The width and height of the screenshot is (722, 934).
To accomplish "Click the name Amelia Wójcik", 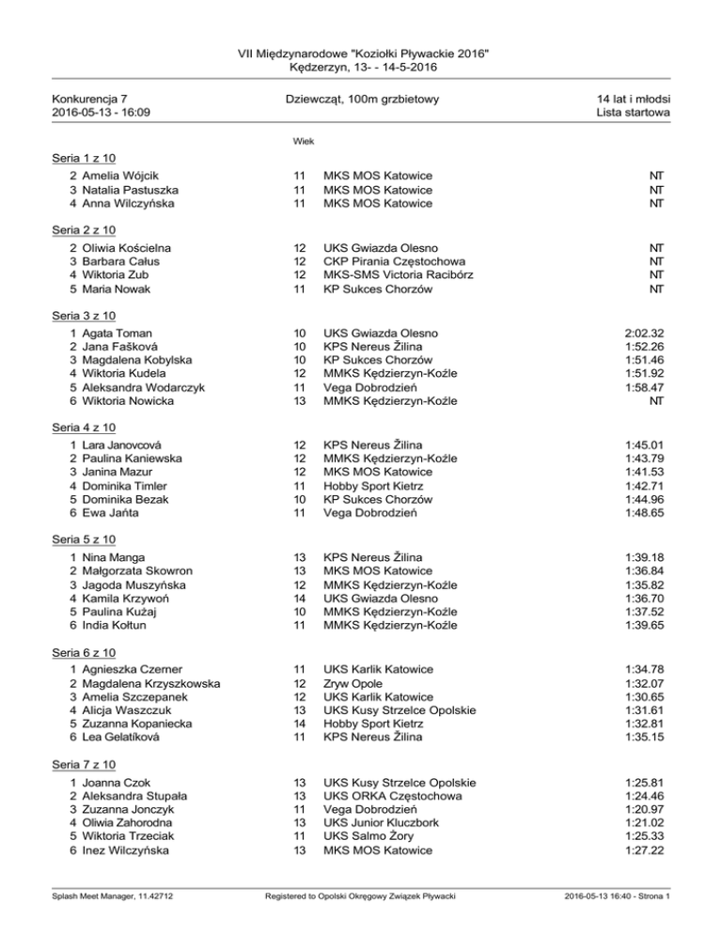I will [119, 176].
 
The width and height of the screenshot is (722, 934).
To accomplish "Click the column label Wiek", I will [303, 142].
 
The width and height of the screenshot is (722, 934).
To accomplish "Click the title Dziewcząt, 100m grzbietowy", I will [361, 99].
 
